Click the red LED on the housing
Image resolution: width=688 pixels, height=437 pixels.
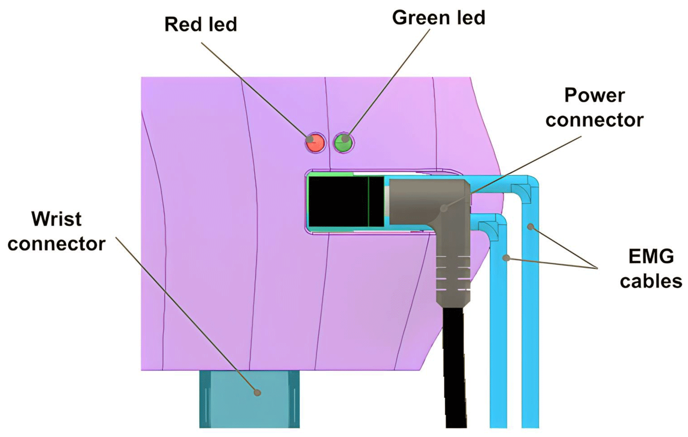pos(316,142)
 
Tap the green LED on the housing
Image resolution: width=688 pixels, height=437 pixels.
pos(344,142)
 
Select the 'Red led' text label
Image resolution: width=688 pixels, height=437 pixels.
pos(201,25)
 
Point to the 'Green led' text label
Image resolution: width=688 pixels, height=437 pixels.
pos(438,18)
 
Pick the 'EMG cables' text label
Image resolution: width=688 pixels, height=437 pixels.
pos(651,269)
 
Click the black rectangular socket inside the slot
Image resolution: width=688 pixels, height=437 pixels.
pos(346,201)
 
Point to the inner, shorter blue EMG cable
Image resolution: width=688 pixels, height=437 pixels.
pos(498,329)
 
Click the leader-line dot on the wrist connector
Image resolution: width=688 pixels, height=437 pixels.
pos(258,393)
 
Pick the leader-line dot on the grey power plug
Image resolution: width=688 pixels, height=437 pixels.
pos(443,208)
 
